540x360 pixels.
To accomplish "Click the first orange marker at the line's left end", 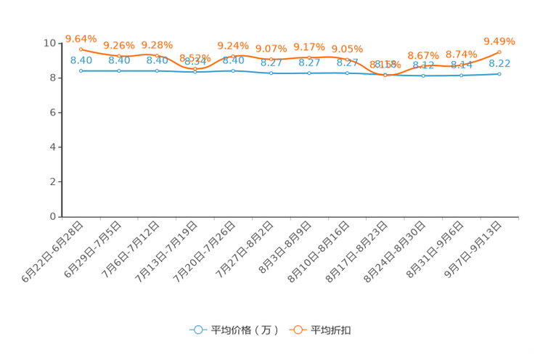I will point(81,49).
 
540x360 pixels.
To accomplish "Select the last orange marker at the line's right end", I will point(499,52).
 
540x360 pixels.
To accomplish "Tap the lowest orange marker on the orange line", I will point(385,75).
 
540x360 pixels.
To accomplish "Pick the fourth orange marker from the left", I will point(195,69).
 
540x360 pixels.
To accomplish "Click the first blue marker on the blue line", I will point(81,70).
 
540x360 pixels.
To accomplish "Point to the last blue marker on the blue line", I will point(499,73).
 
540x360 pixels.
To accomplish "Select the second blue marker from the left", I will point(118,71).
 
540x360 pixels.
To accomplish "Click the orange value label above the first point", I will point(81,38).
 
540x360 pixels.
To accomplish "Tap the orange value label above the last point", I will point(499,41).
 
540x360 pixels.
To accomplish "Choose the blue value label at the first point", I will point(81,60).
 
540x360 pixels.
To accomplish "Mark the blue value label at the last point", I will point(499,63).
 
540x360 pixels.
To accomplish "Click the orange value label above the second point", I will point(118,45).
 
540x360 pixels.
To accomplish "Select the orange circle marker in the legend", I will point(298,330).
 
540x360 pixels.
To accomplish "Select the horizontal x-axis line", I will point(290,216).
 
